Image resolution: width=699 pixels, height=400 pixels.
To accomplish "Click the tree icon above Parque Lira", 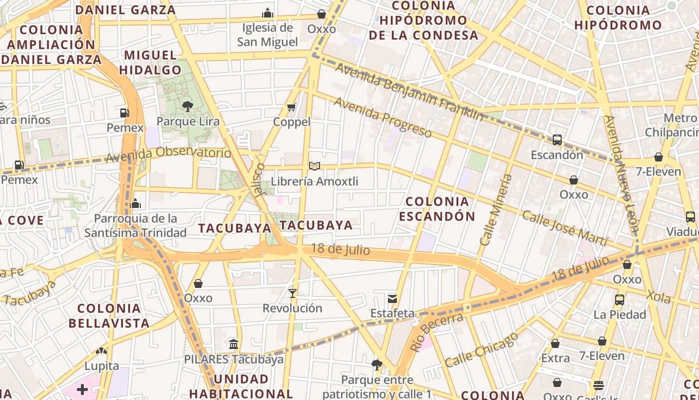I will click(188, 106).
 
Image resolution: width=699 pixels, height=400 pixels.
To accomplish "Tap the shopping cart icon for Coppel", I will click(292, 107).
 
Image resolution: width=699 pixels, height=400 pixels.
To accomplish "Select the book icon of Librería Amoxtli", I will click(314, 166).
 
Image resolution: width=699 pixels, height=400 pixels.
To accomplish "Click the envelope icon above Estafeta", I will click(392, 298).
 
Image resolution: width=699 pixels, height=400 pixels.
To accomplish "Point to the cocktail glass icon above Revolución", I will click(293, 293).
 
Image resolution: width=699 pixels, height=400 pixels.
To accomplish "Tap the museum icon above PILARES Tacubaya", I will click(233, 344).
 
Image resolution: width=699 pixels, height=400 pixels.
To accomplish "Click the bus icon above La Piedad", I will click(619, 300).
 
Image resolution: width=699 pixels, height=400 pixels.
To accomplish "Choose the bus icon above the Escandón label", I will click(557, 140).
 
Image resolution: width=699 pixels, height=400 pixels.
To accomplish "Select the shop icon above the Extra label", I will click(555, 343).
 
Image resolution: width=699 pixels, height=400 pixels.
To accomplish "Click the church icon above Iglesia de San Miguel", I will click(268, 13).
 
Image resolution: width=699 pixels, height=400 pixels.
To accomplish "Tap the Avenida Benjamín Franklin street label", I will click(409, 92).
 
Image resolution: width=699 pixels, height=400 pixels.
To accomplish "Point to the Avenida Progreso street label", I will click(383, 117).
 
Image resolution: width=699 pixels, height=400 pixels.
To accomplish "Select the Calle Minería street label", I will click(496, 209).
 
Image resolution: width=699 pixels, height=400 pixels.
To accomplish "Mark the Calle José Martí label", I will click(565, 228).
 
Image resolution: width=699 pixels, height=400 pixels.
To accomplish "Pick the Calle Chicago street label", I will click(481, 349).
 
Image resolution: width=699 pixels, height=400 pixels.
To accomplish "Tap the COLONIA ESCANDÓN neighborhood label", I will click(437, 209).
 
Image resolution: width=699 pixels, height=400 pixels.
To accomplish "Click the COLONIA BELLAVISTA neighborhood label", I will click(109, 315).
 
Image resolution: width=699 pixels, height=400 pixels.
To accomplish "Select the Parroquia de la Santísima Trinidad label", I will click(135, 225).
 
